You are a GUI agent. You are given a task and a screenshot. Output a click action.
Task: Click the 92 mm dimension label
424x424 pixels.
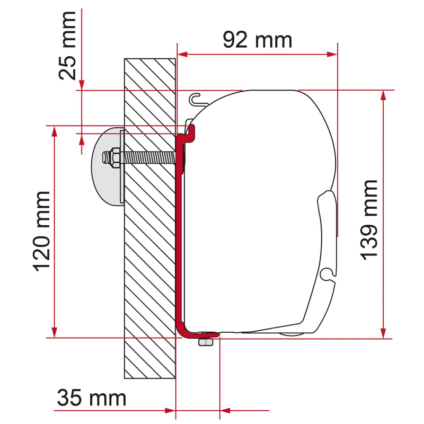click(x=257, y=40)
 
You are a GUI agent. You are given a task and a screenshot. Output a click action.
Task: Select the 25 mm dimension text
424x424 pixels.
click(x=68, y=45)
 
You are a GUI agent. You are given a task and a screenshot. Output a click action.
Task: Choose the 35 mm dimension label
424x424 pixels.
click(x=91, y=398)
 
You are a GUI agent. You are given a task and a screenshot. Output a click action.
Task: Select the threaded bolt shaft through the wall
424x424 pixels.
click(x=148, y=158)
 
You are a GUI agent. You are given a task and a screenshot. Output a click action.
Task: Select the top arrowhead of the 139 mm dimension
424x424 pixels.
click(x=383, y=95)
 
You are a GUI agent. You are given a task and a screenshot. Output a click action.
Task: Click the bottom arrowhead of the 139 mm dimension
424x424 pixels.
click(x=383, y=332)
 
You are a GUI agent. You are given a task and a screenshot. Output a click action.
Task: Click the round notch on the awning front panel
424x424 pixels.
click(x=329, y=273)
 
